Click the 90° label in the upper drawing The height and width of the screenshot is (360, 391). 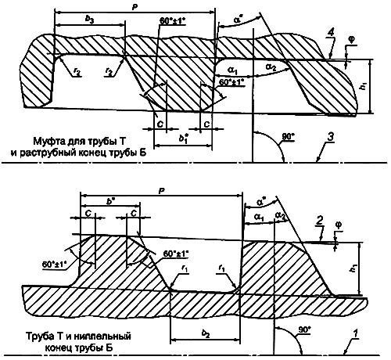click(x=288, y=138)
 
